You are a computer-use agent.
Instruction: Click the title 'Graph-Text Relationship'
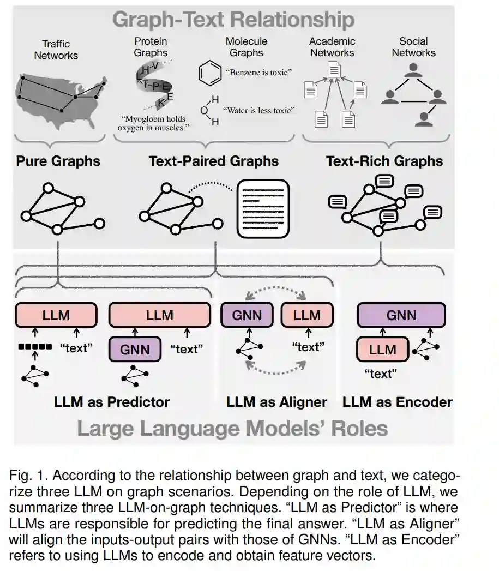(x=233, y=20)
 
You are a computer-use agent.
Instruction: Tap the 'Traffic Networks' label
(x=56, y=50)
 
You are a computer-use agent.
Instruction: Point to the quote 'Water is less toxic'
(x=260, y=110)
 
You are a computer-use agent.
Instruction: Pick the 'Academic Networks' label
(x=332, y=47)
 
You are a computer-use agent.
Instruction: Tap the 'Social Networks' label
(x=413, y=47)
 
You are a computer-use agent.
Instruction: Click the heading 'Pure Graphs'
(x=58, y=161)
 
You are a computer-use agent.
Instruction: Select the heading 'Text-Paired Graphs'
(x=214, y=161)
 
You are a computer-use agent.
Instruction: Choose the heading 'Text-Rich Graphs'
(x=384, y=161)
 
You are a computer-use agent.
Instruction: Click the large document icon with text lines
(x=262, y=209)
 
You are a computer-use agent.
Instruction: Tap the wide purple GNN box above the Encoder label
(x=401, y=315)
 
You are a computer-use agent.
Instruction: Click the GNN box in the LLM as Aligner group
(x=247, y=315)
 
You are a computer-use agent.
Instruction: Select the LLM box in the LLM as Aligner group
(x=306, y=315)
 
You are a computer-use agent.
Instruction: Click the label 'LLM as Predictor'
(x=112, y=402)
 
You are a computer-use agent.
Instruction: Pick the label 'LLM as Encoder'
(x=397, y=402)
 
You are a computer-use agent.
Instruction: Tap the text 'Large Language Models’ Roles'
(x=232, y=428)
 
